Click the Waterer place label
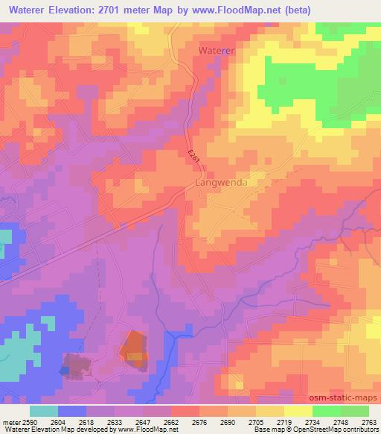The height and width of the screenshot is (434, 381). (x=217, y=50)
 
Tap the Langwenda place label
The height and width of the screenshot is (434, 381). (x=220, y=182)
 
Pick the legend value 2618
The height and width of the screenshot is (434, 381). (x=86, y=421)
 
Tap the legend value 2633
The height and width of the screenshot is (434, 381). (x=115, y=421)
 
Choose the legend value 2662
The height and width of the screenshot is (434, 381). (x=171, y=421)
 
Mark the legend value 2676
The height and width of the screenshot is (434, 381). (x=199, y=421)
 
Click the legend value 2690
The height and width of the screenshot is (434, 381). (x=228, y=421)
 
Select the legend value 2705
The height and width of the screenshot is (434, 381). (x=256, y=421)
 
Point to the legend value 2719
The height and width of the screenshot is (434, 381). (x=284, y=421)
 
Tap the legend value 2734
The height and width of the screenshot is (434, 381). (x=313, y=421)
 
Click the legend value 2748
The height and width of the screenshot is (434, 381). (x=341, y=421)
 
